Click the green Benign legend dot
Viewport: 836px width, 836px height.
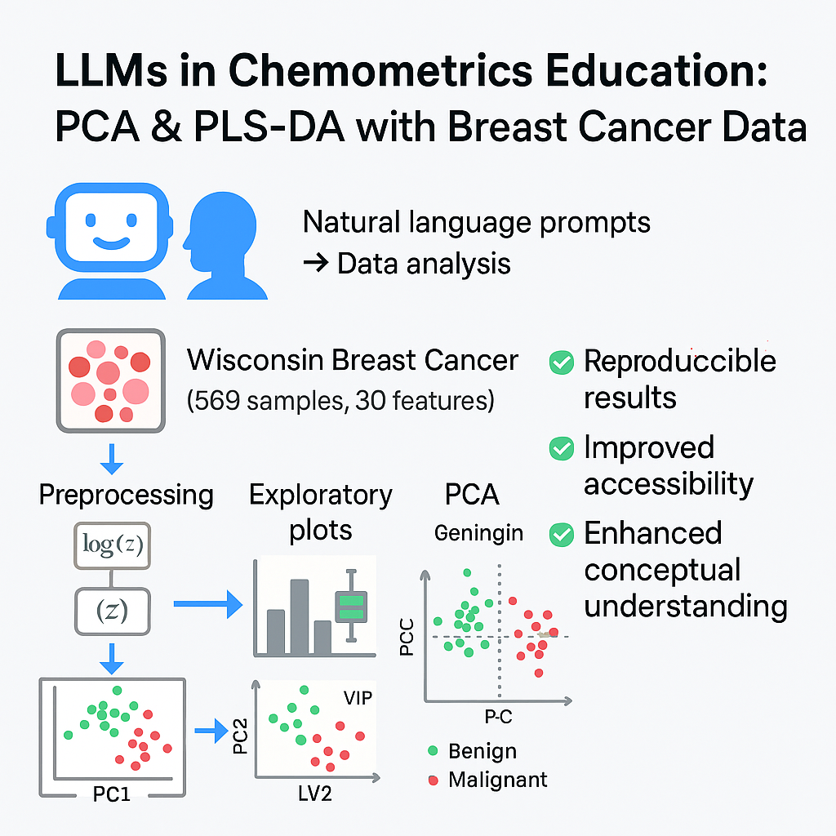(433, 750)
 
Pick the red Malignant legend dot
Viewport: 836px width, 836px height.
(433, 780)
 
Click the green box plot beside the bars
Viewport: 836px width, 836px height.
(352, 608)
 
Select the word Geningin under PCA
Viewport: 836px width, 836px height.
(478, 533)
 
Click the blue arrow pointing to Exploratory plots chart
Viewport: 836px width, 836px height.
(207, 605)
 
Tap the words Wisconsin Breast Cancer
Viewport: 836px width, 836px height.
(353, 360)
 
